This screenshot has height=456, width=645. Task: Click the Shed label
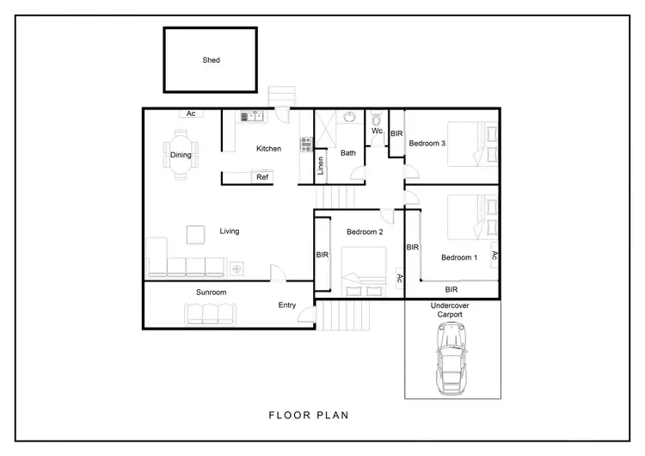coord(211,60)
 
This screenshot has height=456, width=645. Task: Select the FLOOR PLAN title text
coord(309,415)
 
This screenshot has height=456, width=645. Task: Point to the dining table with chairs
coord(181,154)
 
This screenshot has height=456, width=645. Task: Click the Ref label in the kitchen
coord(262,177)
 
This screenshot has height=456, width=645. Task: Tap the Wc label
coord(377,132)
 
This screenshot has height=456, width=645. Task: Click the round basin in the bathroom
coord(349,118)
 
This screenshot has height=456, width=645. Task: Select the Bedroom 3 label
coord(427,144)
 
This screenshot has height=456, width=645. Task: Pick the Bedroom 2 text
coord(365,232)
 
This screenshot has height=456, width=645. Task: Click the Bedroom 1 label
coord(458,258)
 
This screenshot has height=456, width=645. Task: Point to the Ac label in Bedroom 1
coord(494,255)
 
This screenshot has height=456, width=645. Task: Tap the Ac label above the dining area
coord(191,114)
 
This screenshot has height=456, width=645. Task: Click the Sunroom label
coord(211,293)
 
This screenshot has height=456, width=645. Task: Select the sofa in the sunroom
coord(210,315)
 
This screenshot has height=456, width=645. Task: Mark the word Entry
coord(286,305)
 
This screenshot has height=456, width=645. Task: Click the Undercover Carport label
coord(451,310)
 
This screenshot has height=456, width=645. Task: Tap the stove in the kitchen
coord(304,145)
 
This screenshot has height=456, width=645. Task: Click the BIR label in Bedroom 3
coord(396,134)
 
